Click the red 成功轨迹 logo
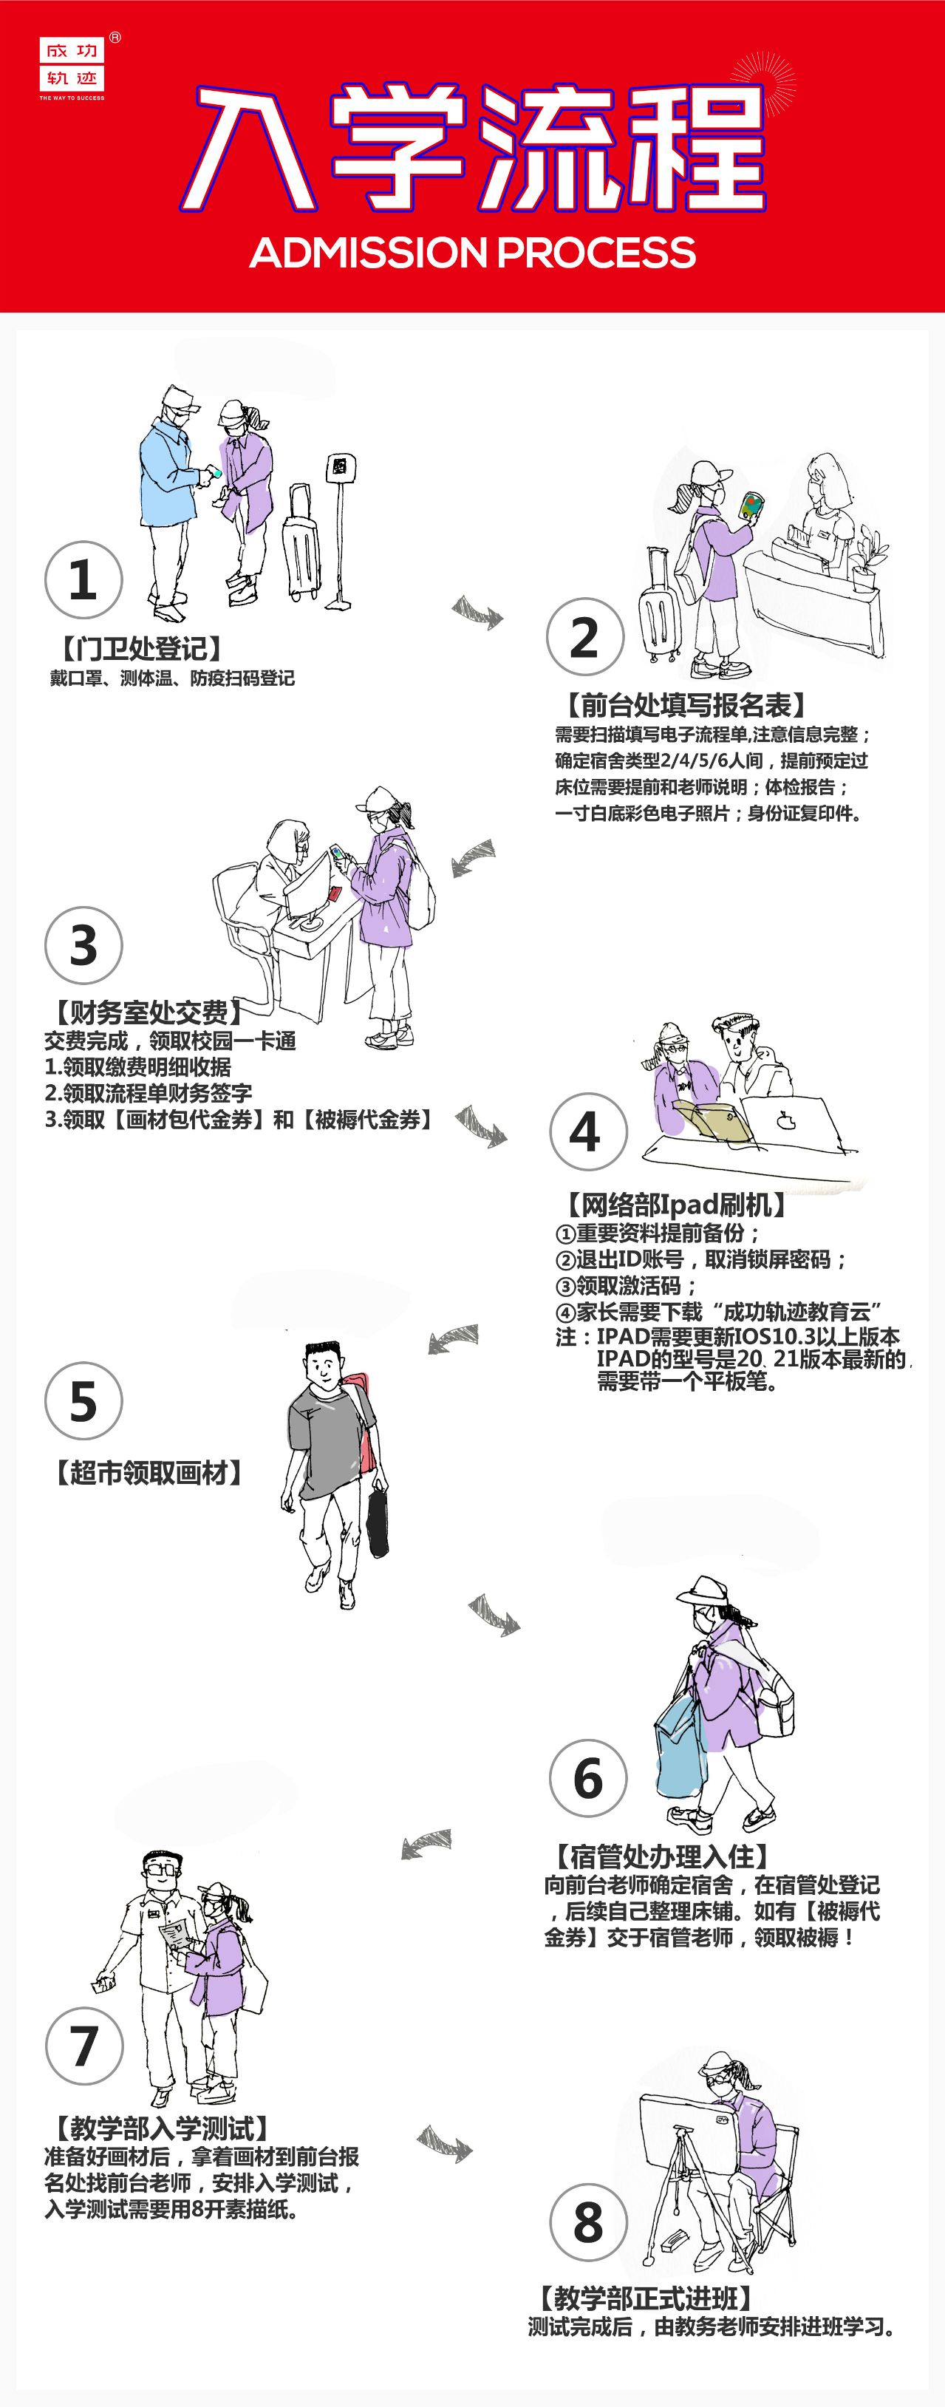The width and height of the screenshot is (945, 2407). coord(72,66)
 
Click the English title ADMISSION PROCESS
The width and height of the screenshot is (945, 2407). coord(473,252)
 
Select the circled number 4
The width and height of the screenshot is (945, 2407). coord(588,1131)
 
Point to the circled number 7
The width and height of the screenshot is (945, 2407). coord(84,2046)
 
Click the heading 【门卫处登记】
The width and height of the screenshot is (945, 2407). coord(142,648)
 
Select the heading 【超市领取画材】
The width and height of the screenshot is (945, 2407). coord(149,1473)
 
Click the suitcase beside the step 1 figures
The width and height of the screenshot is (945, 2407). coord(301,544)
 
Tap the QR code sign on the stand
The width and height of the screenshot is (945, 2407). coord(340,467)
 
